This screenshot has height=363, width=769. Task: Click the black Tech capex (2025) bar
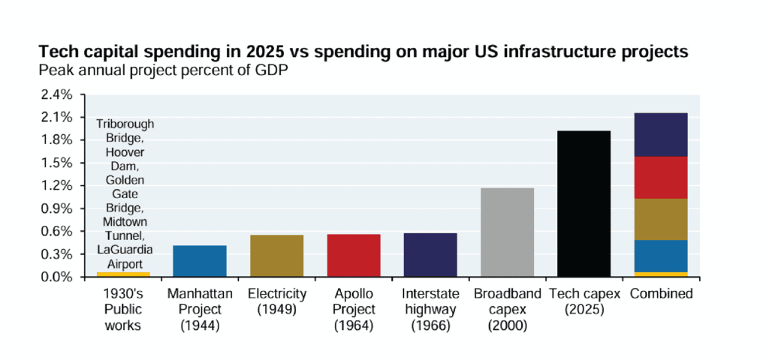(584, 204)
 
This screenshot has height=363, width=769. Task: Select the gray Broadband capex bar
(507, 232)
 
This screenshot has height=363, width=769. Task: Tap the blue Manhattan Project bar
(200, 261)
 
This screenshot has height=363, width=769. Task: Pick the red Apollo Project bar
(354, 256)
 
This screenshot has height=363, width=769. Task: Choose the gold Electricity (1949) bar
(276, 256)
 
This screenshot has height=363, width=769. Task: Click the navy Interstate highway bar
(430, 255)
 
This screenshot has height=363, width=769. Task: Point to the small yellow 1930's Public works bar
(122, 274)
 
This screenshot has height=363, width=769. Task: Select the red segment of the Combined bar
(661, 178)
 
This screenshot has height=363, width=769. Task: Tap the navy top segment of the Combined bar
(661, 135)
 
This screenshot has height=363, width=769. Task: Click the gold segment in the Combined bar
(661, 219)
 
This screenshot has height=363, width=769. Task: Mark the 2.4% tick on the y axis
(57, 94)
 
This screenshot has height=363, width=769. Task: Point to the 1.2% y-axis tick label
(57, 186)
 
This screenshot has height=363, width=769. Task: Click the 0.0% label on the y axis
(57, 277)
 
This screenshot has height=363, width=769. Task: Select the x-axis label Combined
(661, 293)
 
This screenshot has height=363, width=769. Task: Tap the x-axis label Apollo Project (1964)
(354, 307)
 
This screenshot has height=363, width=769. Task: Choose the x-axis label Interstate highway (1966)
(430, 307)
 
